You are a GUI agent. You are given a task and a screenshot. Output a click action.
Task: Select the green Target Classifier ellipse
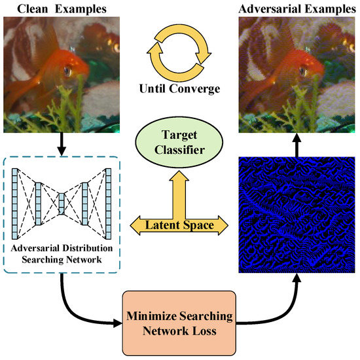[179, 144]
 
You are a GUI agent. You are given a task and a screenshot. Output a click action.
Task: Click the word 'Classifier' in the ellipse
[179, 152]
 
